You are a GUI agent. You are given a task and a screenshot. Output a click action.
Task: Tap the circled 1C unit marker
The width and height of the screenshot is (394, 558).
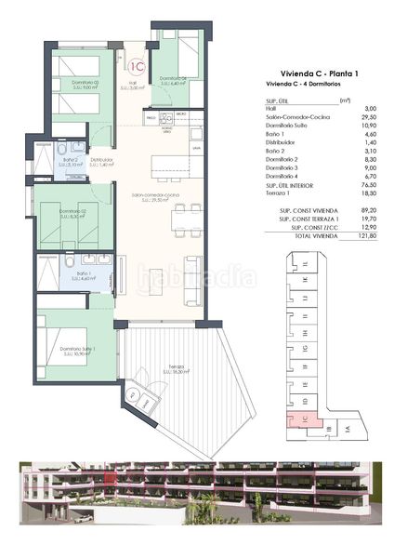[x=137, y=66]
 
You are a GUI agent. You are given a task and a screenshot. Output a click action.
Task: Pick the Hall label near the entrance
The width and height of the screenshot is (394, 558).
[x=133, y=84]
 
